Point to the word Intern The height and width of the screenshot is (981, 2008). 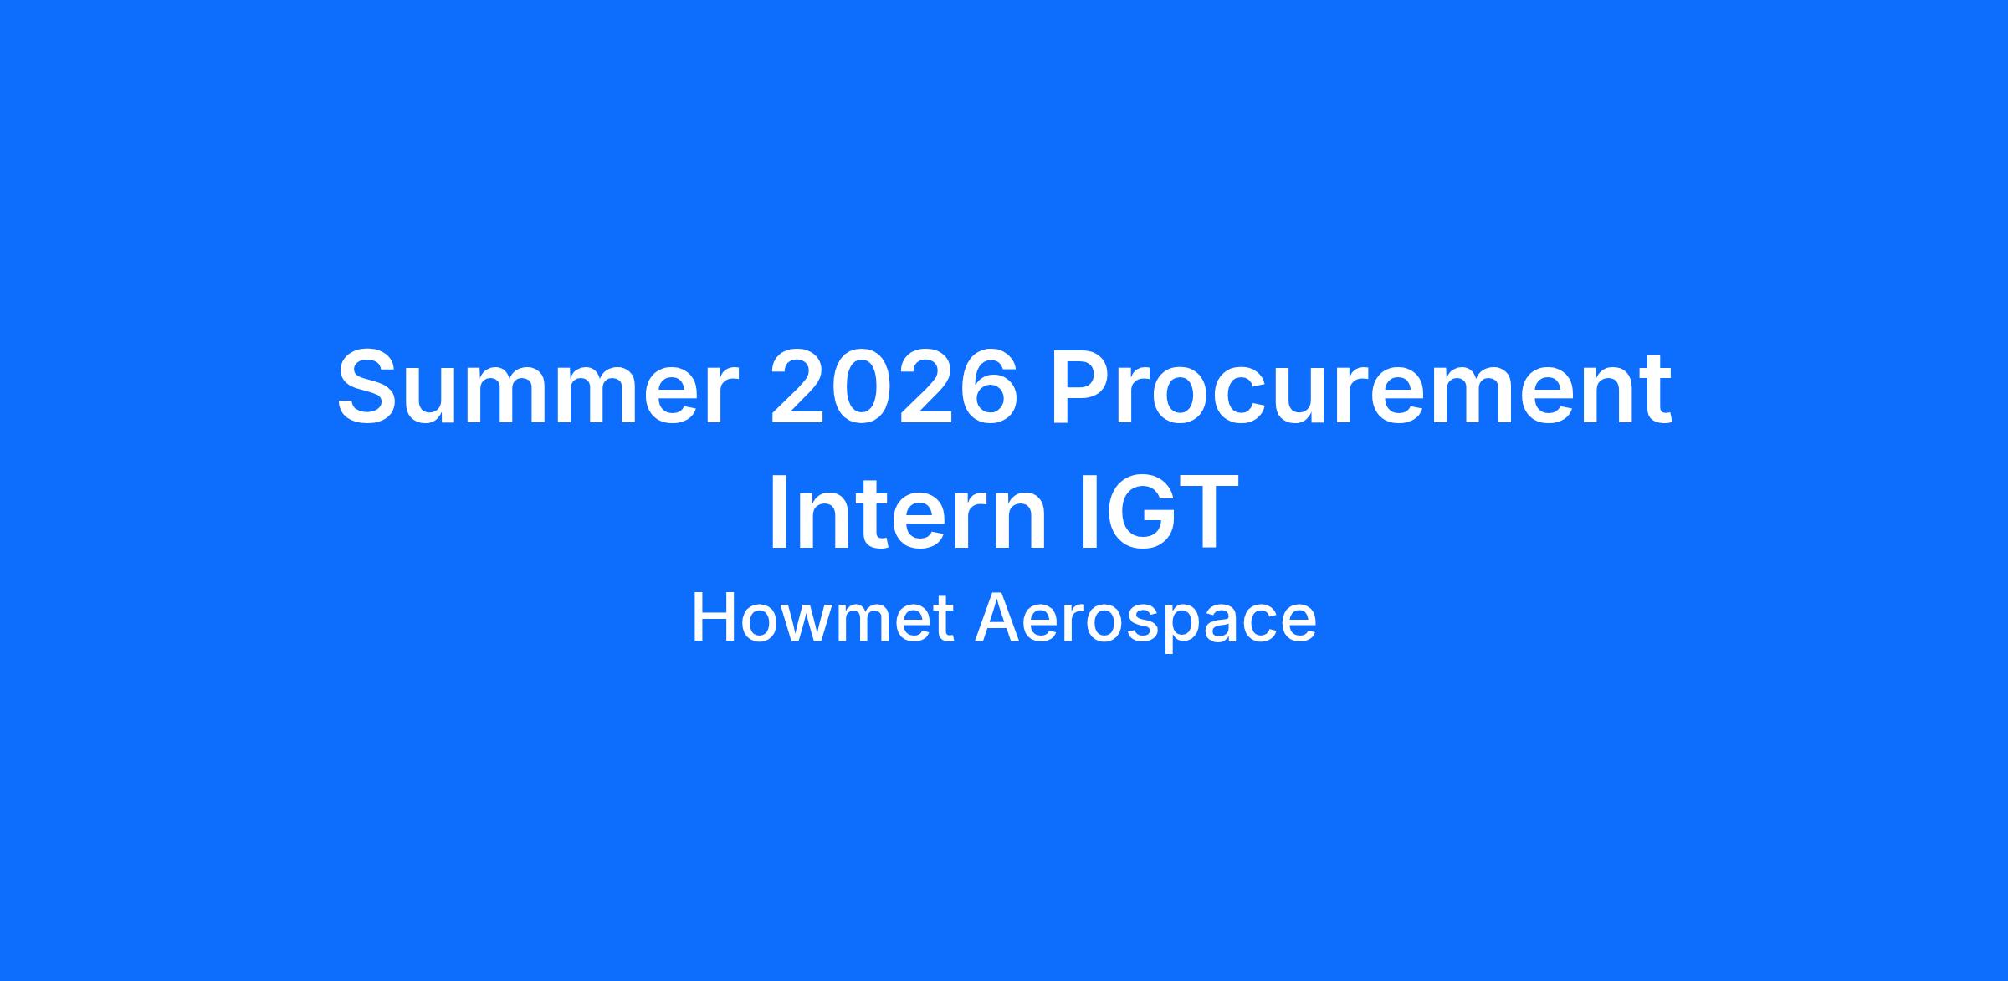908,512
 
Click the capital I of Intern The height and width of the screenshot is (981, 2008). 776,512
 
